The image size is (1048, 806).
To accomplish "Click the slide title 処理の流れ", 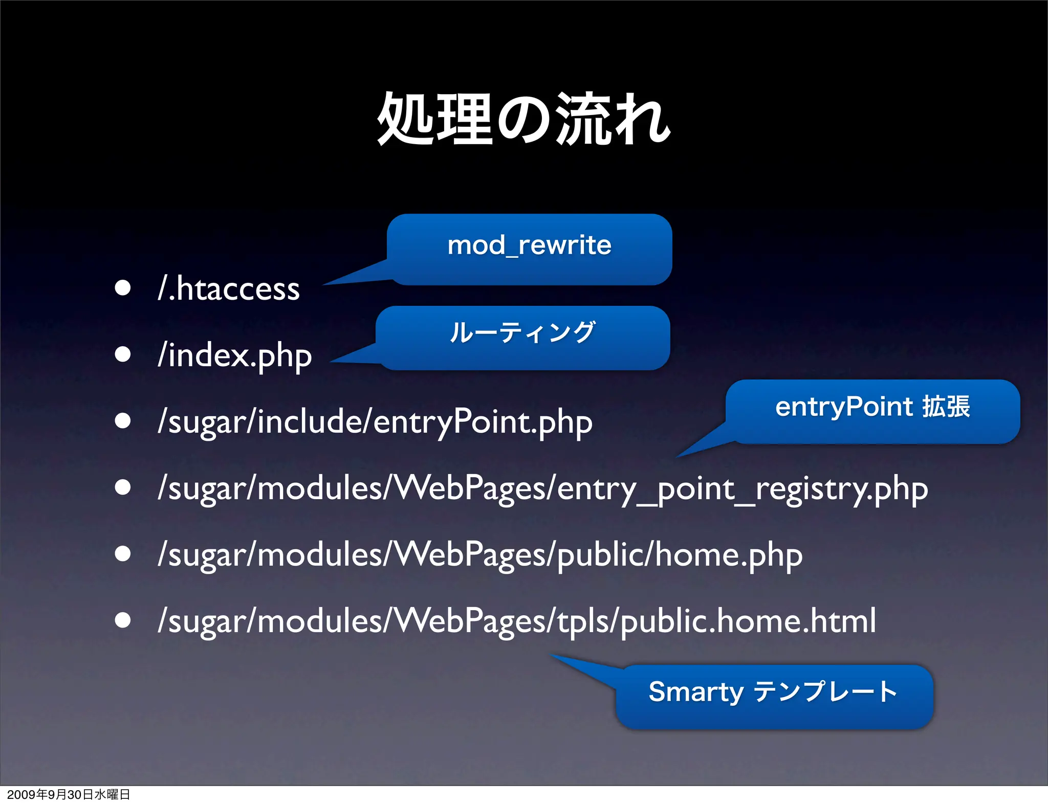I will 523,119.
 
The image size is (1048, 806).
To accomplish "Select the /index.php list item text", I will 235,355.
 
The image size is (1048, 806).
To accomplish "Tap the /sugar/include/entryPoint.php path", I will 375,422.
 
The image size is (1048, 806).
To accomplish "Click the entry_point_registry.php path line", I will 542,489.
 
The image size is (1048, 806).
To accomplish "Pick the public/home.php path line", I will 480,555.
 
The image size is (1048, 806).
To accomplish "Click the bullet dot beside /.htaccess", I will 123,288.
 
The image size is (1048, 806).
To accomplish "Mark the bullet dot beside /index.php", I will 123,354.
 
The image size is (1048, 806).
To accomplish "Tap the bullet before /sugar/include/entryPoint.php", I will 123,420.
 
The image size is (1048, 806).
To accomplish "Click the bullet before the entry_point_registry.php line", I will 123,487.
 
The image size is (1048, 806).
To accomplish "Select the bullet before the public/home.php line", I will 123,553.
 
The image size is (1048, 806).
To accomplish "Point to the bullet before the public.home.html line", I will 123,620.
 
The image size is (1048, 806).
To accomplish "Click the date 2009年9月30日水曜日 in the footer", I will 68,794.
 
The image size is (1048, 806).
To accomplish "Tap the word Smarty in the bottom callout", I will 695,693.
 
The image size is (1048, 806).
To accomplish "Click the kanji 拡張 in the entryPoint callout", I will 946,408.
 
